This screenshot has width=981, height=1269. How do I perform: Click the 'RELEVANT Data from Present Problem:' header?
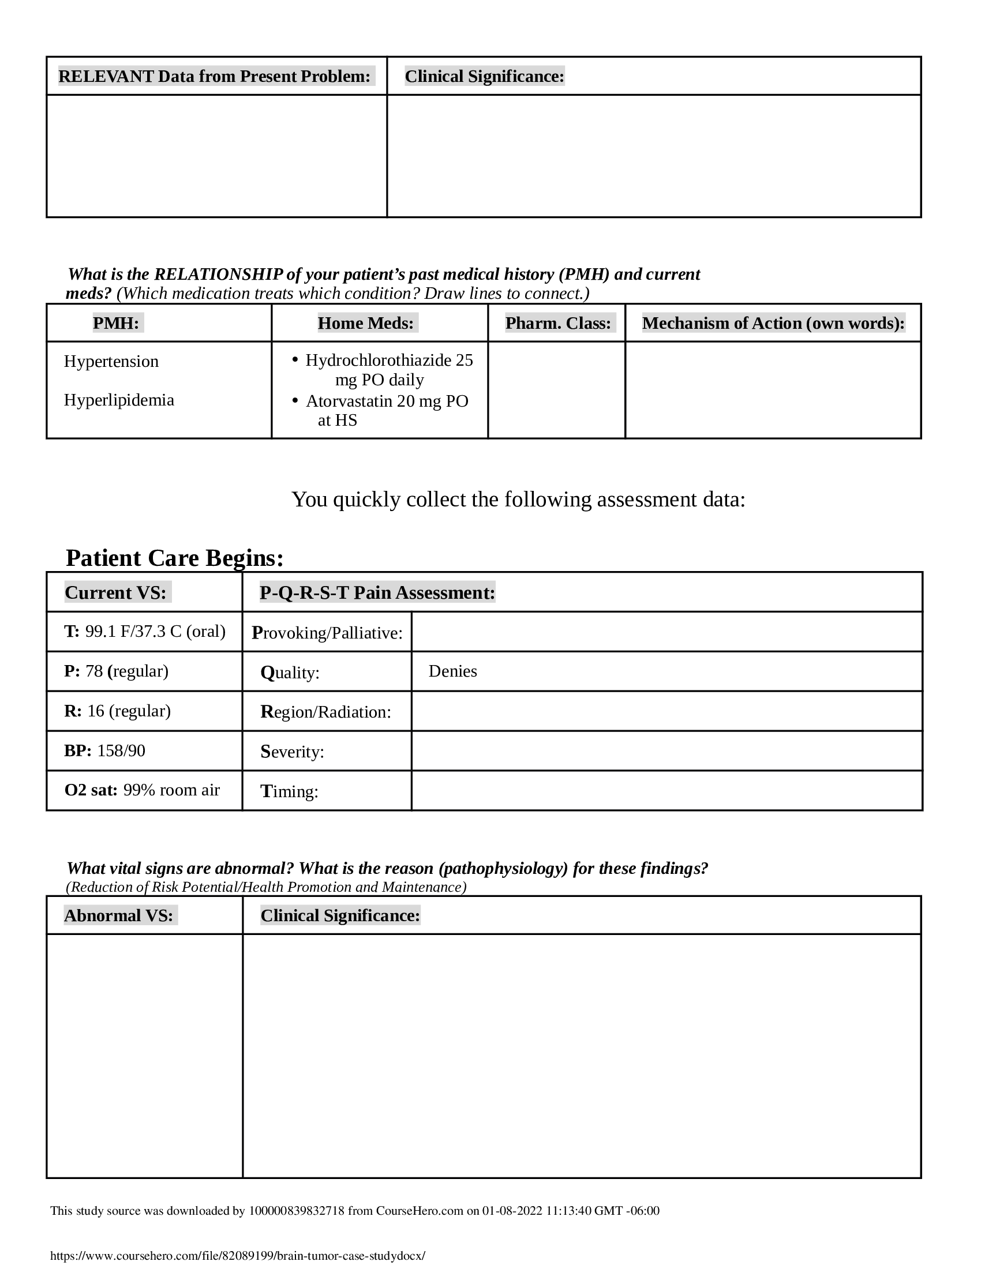click(x=214, y=76)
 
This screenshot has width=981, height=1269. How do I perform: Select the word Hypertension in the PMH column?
click(x=111, y=362)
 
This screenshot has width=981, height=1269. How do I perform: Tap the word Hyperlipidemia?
click(x=118, y=400)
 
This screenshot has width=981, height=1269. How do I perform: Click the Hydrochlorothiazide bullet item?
click(x=389, y=370)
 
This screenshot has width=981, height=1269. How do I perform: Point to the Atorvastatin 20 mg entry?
click(x=387, y=410)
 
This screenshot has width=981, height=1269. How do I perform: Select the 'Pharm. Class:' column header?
click(x=557, y=323)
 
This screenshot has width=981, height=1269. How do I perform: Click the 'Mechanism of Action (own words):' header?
click(x=773, y=323)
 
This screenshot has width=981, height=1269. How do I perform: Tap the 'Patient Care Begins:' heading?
click(x=174, y=558)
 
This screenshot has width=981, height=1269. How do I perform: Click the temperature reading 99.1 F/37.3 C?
click(x=155, y=632)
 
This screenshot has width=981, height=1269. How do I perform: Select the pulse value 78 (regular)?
click(x=126, y=671)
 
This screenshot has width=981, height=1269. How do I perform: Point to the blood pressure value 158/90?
click(x=121, y=750)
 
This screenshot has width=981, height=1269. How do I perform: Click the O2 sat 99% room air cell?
click(x=142, y=790)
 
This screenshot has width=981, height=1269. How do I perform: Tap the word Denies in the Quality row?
click(x=452, y=671)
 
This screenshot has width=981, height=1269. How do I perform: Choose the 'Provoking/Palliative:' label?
click(x=327, y=633)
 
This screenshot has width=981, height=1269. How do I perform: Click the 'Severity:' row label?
click(x=292, y=752)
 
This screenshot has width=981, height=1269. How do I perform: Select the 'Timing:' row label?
click(x=289, y=791)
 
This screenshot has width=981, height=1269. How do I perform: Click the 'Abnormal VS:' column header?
click(x=118, y=916)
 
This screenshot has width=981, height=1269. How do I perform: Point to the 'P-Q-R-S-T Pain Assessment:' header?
click(x=377, y=592)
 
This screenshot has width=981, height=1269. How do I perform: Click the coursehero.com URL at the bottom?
click(x=238, y=1255)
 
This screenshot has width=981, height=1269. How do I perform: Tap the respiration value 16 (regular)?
click(x=129, y=711)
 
